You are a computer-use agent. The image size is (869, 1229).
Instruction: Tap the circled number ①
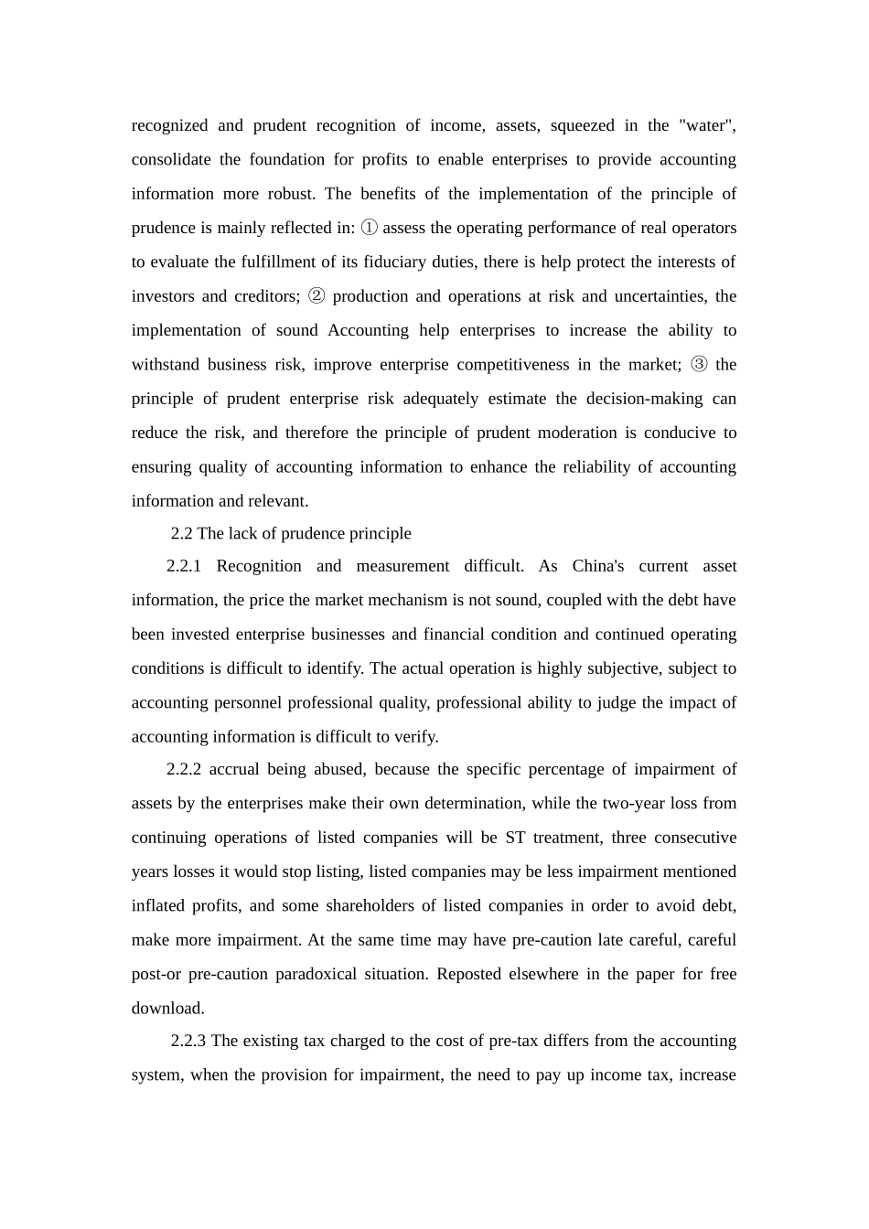(x=370, y=228)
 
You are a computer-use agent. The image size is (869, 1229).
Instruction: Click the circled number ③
(x=699, y=365)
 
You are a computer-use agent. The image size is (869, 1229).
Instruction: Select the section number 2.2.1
(x=184, y=566)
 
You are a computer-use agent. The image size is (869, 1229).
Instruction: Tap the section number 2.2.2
(x=184, y=769)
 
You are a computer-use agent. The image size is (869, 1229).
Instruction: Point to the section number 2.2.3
(x=188, y=1041)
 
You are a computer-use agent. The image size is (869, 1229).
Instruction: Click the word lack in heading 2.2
(x=241, y=533)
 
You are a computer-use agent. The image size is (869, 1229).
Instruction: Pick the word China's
(x=598, y=566)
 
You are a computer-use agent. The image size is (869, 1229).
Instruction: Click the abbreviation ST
(x=515, y=838)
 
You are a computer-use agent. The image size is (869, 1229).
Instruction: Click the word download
(x=166, y=1009)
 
